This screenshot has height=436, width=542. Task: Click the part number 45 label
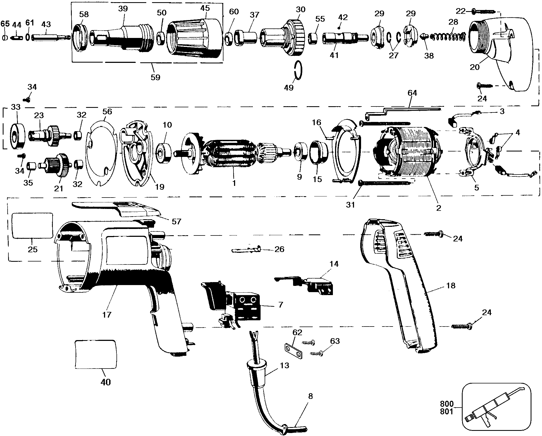205,8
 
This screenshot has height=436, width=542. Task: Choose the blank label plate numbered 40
96,354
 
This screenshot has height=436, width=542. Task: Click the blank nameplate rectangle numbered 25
32,225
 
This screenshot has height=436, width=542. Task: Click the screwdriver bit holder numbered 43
51,37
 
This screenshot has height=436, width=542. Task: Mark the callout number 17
107,315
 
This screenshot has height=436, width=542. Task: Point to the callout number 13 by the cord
284,366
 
